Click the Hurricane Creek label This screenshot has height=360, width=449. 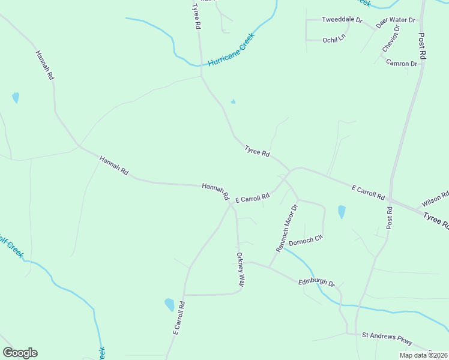click(232, 49)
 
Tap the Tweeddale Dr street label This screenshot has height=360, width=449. click(343, 20)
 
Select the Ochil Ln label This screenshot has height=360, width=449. click(334, 37)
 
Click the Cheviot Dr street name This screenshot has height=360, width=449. click(390, 38)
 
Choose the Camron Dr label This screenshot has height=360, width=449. click(402, 63)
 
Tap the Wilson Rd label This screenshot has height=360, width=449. click(436, 197)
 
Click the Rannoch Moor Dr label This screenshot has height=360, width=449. click(286, 227)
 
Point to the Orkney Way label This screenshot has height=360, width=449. click(240, 271)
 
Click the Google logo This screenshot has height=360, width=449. click(20, 353)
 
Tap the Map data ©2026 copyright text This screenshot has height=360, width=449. click(423, 355)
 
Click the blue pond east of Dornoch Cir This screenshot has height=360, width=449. click(342, 212)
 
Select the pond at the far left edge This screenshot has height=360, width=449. click(16, 97)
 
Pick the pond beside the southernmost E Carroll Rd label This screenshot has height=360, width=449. click(169, 305)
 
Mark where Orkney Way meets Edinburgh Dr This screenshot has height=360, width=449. click(240, 263)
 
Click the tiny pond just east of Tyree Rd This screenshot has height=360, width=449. click(233, 101)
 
